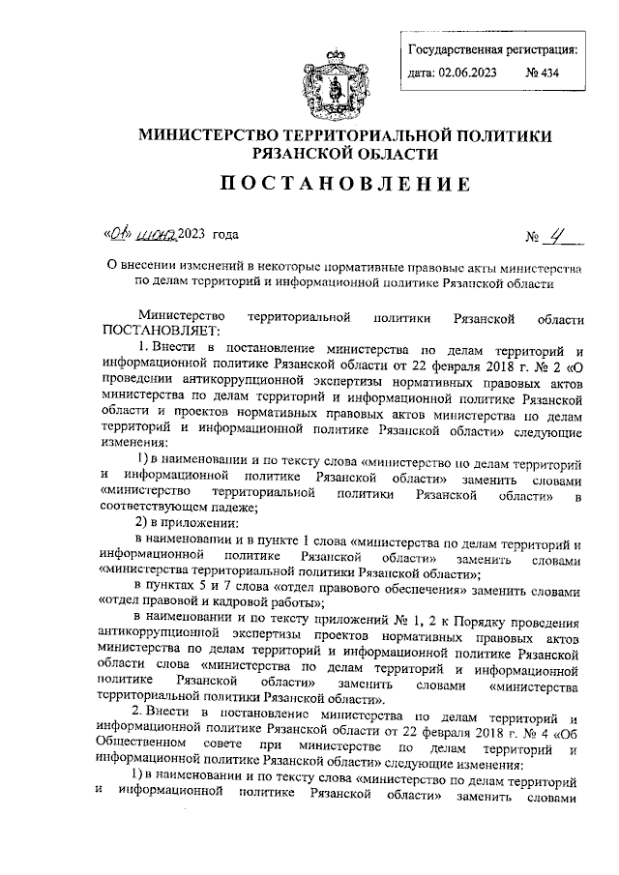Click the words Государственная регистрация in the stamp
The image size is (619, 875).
(x=493, y=48)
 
